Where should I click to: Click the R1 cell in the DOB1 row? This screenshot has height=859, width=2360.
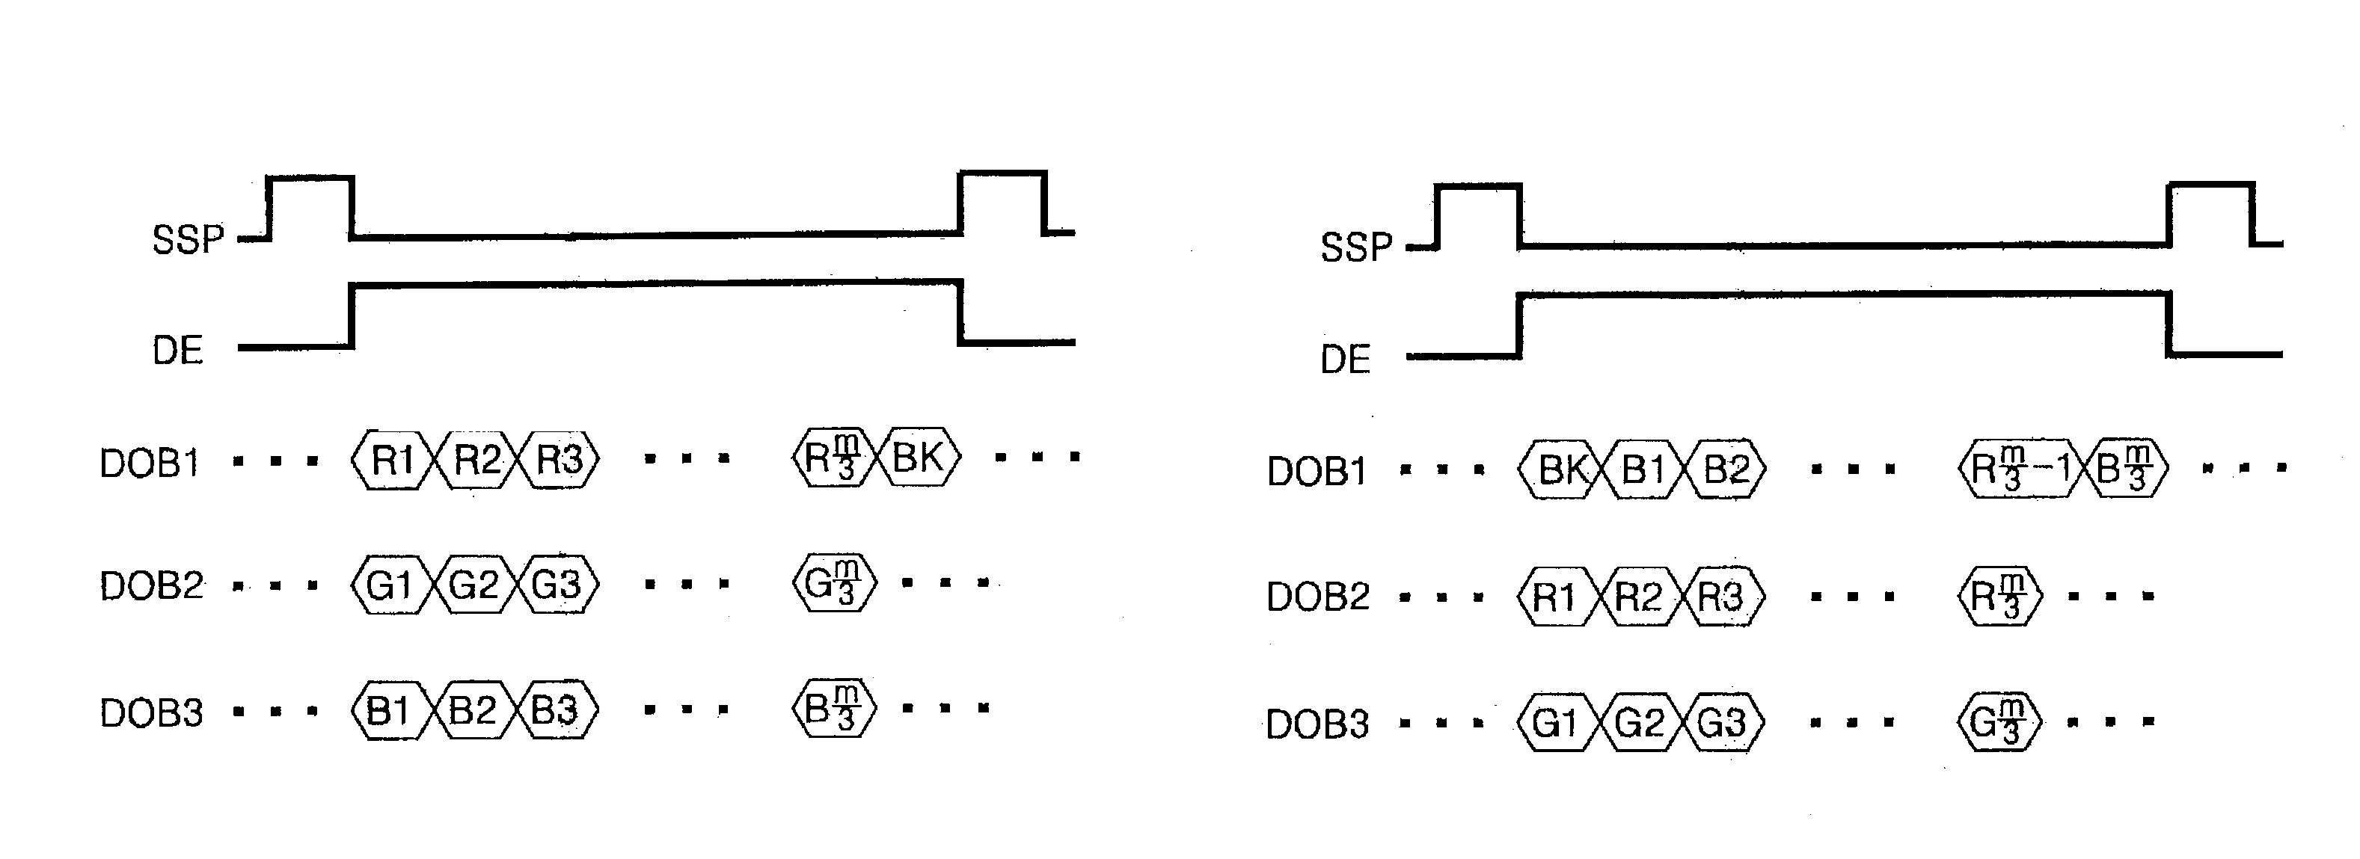[x=391, y=459]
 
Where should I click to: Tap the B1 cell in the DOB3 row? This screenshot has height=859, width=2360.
[x=388, y=709]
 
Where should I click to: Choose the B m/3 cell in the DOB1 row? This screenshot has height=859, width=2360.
[x=2125, y=469]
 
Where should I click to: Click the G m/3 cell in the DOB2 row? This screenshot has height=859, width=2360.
[x=833, y=582]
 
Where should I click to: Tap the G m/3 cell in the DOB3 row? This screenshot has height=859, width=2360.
[x=1999, y=722]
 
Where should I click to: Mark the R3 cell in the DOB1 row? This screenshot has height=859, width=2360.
[x=558, y=459]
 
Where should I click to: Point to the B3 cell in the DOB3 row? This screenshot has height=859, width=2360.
[x=555, y=709]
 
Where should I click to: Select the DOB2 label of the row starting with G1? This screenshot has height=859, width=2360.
[x=151, y=585]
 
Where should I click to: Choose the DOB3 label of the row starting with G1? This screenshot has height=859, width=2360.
[x=1317, y=724]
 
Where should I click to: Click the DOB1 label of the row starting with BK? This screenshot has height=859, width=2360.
[x=1317, y=472]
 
